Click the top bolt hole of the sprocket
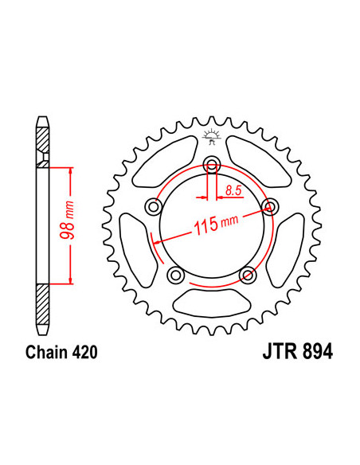212,165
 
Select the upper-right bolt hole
269,206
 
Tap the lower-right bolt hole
247,274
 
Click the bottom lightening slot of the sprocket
211,302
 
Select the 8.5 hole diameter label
233,190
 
